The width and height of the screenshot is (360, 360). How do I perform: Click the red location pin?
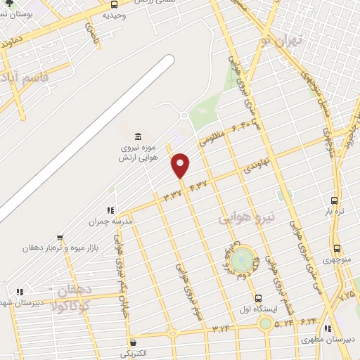[181, 166]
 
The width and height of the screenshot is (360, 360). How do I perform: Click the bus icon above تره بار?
[333, 200]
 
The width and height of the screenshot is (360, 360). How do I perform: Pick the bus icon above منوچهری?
[337, 248]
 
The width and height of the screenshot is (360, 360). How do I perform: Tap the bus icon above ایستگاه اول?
[259, 298]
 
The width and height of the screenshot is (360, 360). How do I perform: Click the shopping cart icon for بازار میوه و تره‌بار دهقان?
[60, 238]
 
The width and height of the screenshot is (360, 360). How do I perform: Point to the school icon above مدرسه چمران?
[110, 210]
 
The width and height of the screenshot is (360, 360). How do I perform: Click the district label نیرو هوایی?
[243, 219]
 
